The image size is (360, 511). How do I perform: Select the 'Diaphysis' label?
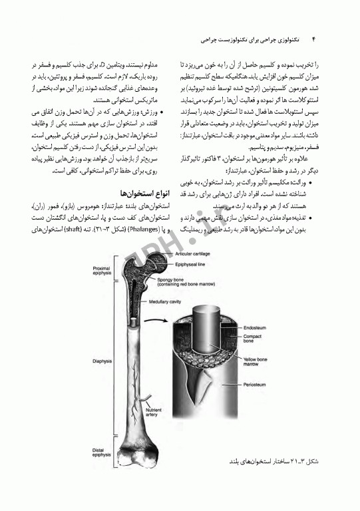[94, 363]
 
